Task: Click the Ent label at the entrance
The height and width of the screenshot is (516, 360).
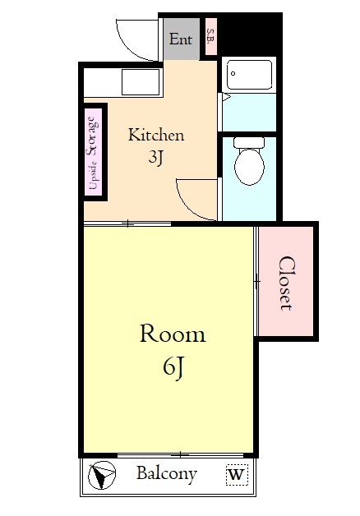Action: [x=181, y=39]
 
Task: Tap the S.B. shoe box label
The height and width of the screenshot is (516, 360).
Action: [x=210, y=37]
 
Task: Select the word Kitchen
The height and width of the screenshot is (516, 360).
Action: [x=155, y=136]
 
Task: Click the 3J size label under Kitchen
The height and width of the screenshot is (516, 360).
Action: [x=155, y=159]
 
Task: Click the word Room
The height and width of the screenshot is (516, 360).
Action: [x=172, y=334]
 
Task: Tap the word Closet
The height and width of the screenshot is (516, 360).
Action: [x=286, y=283]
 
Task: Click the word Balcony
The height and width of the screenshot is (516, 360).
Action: [x=166, y=474]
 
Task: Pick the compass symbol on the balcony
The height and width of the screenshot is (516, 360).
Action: [x=103, y=476]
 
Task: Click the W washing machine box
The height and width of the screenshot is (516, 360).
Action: [x=236, y=475]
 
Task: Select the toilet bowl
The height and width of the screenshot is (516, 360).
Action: [x=248, y=163]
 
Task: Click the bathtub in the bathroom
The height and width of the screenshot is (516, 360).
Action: [x=251, y=76]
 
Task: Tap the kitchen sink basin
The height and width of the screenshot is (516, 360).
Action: [x=141, y=81]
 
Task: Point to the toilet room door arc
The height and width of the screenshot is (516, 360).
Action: [x=196, y=201]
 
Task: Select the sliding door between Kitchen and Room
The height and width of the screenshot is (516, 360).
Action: [x=127, y=223]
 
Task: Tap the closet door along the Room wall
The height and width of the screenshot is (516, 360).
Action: [x=256, y=281]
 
